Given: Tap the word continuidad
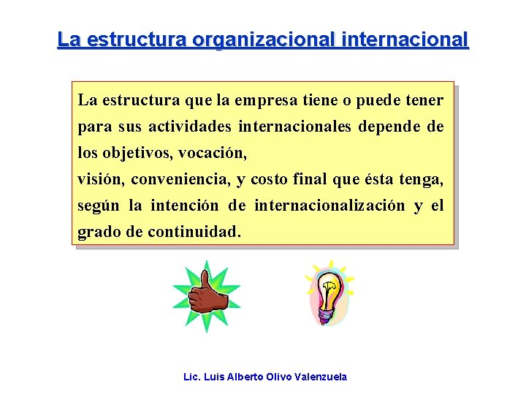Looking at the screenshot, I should tap(193, 233).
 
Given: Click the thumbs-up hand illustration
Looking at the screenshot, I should tap(207, 296).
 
